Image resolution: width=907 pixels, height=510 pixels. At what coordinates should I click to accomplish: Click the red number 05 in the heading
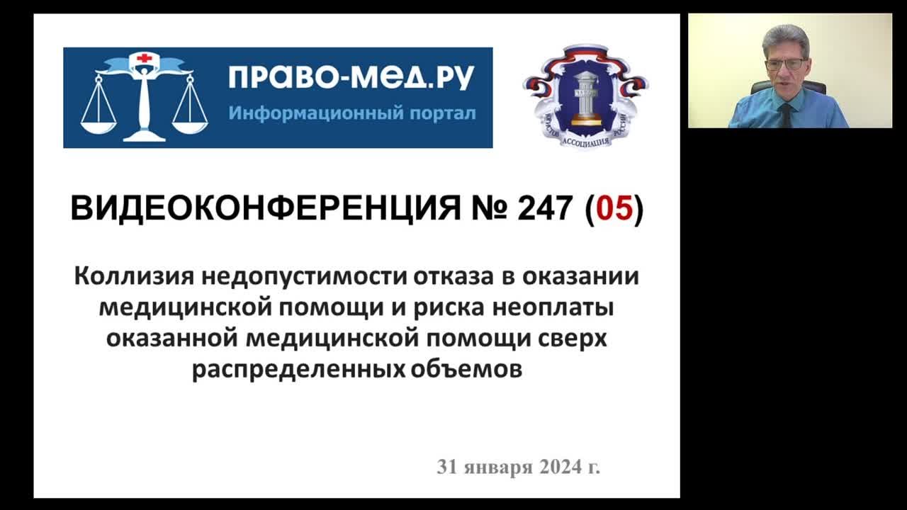[614, 210]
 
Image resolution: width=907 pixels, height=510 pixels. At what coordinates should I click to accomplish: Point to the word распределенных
[298, 370]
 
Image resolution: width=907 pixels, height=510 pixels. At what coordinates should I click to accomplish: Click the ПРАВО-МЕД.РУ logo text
[351, 78]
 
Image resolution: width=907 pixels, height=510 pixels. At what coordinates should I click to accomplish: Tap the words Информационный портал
[351, 113]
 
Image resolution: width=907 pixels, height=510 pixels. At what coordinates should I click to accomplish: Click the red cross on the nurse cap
[145, 58]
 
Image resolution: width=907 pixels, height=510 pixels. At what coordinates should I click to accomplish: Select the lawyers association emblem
[585, 97]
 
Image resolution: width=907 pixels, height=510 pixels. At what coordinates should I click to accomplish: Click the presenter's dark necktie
[787, 115]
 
